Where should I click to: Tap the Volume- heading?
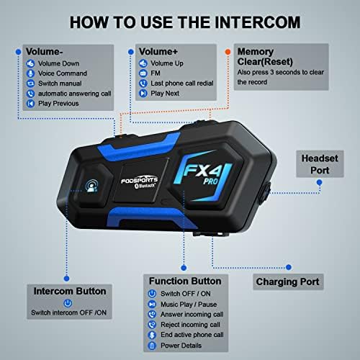45,52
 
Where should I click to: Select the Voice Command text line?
63,73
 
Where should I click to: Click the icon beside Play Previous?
30,104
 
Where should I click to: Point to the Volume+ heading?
158,51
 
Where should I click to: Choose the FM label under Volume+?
156,73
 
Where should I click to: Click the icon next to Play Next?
143,93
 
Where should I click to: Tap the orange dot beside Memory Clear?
228,52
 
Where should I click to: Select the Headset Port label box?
320,164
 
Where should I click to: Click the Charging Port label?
288,282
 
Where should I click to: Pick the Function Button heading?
185,281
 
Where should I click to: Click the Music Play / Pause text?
189,305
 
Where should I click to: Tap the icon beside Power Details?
152,346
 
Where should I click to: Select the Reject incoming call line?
190,325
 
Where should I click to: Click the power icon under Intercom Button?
68,303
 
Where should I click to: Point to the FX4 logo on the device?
203,171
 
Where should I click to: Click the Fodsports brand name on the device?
139,180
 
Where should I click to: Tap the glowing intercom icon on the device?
91,186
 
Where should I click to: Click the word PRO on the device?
210,181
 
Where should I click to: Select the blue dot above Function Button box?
184,268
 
